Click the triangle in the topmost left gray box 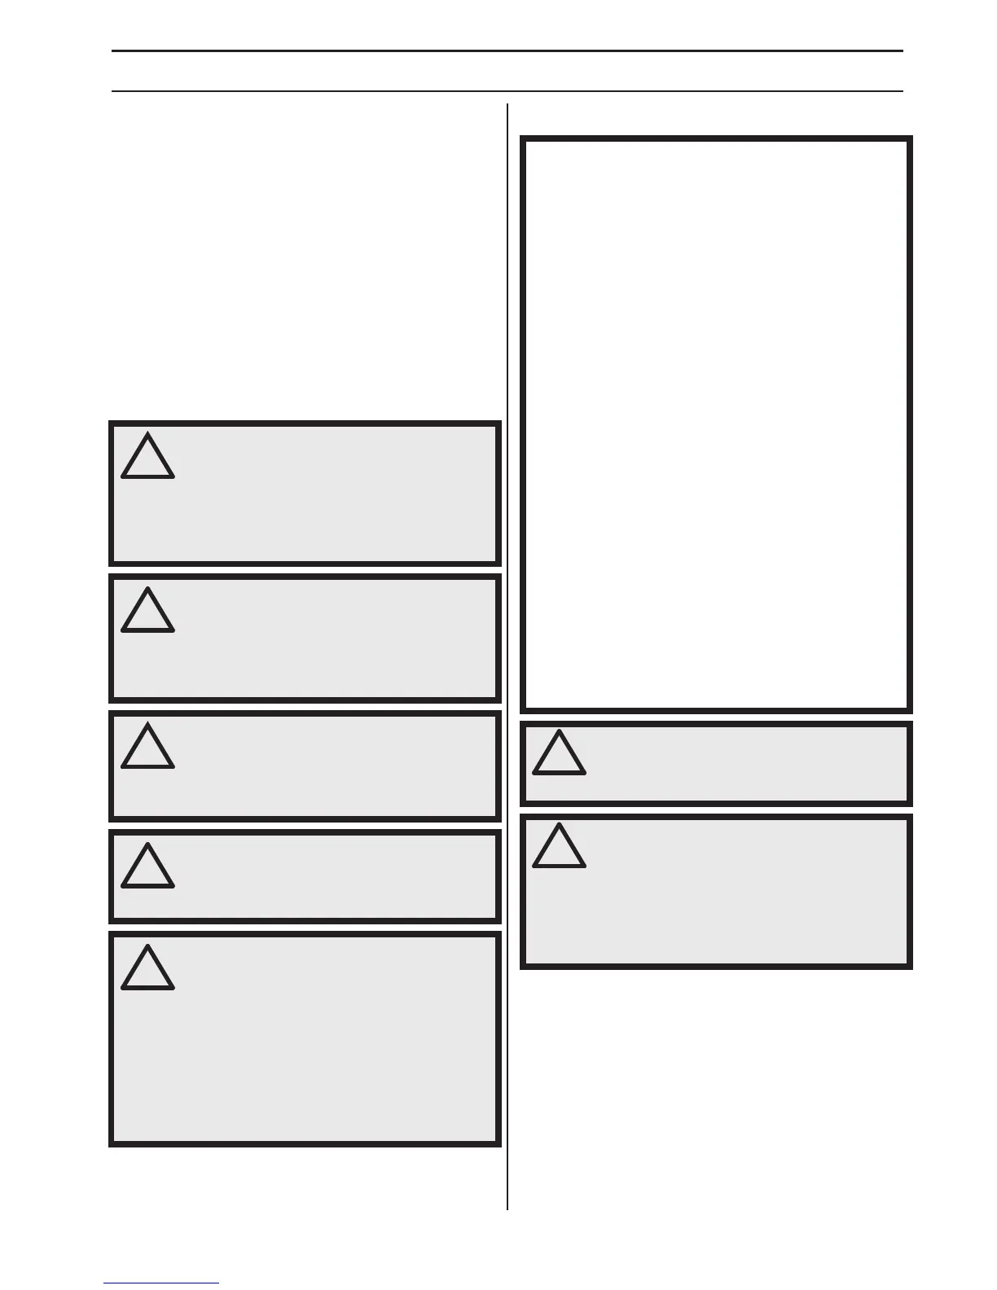[x=147, y=459]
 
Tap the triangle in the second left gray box [x=147, y=612]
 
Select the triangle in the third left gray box [x=147, y=748]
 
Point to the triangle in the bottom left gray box [x=147, y=970]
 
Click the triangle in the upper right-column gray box [x=559, y=754]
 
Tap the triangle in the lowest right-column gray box [x=559, y=848]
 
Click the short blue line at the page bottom [x=161, y=1283]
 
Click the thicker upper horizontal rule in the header [x=507, y=51]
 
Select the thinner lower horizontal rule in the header [x=507, y=90]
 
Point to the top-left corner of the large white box [x=523, y=138]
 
